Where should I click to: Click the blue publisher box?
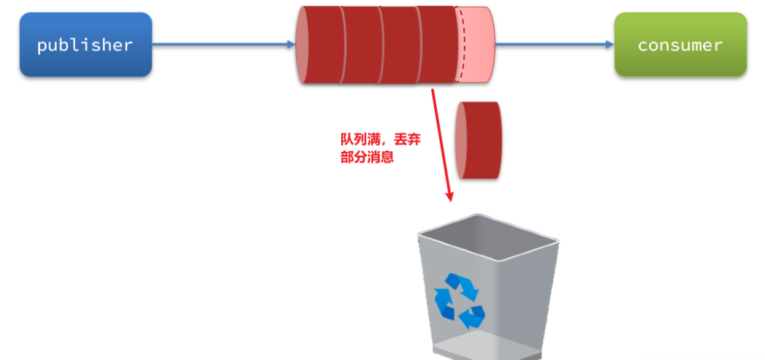pos(85,45)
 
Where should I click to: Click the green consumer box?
pos(680,45)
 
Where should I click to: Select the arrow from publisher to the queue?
pos(219,45)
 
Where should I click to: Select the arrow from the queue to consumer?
pos(555,45)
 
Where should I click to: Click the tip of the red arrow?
pos(450,199)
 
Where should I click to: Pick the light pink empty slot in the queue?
pos(476,45)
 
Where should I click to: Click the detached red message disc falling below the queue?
pos(479,140)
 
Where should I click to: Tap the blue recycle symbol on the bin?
pos(459,299)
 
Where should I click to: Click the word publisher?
pos(85,45)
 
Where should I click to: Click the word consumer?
pos(680,45)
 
